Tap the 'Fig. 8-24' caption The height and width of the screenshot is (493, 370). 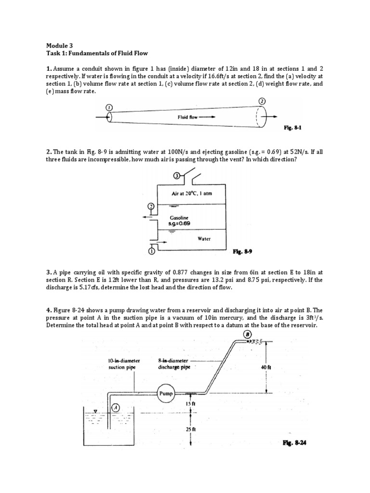tap(294, 443)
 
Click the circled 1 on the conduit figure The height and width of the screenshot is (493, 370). tap(109, 107)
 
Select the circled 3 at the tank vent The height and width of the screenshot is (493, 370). tap(177, 176)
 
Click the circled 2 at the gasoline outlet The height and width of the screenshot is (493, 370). tap(150, 207)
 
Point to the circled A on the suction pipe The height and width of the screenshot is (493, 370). tap(115, 407)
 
